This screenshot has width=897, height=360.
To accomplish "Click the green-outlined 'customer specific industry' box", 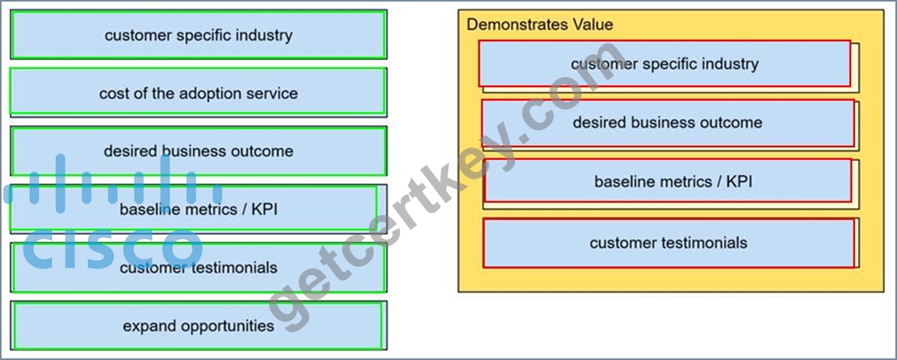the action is click(x=198, y=35).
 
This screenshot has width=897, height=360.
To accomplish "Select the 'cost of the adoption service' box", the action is click(x=198, y=92).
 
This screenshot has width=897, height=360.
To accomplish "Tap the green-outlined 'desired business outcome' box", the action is click(x=198, y=151).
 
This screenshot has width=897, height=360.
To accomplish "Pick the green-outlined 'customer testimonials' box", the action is click(x=198, y=268).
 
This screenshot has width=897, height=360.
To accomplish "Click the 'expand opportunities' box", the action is click(x=197, y=325).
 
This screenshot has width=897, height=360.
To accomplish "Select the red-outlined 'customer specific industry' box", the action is click(x=665, y=63).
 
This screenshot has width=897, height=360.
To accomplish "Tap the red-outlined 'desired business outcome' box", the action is click(x=668, y=123).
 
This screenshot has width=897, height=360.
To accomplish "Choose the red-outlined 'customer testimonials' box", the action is click(x=668, y=243).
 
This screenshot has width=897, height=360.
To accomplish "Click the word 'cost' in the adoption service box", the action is click(x=114, y=93).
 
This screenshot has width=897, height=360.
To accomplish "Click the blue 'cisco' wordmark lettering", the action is click(x=112, y=248).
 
